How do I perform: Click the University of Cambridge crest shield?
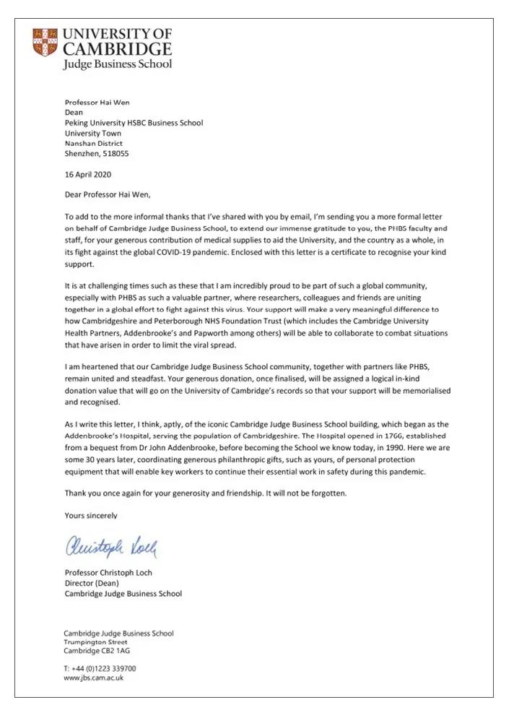45,43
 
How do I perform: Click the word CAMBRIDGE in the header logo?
118,48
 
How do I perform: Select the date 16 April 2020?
88,175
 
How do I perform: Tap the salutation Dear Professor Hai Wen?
109,195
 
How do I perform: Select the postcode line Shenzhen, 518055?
97,154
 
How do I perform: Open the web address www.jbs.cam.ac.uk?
95,678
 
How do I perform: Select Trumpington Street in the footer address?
96,642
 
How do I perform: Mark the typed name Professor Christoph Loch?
109,574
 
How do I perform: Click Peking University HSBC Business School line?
134,124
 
